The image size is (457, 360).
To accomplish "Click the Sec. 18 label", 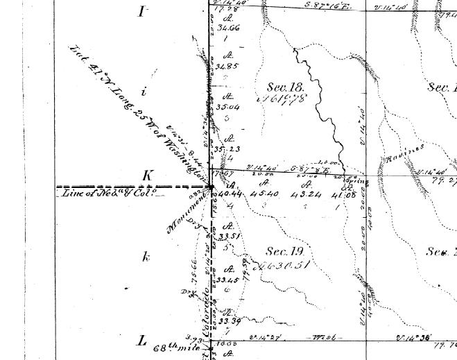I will pyautogui.click(x=286, y=87).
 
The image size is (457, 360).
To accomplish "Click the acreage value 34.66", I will pyautogui.click(x=227, y=28).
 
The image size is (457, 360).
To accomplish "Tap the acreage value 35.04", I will pyautogui.click(x=227, y=108).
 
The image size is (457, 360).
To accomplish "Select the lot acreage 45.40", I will pyautogui.click(x=265, y=194).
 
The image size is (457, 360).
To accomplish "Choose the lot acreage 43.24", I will pyautogui.click(x=304, y=194).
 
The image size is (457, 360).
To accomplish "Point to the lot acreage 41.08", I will pyautogui.click(x=344, y=194).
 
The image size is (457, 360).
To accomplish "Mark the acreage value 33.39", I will pyautogui.click(x=229, y=320).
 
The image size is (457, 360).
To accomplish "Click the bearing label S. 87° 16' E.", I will pyautogui.click(x=310, y=5).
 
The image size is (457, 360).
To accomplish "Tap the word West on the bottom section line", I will pyautogui.click(x=322, y=338).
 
